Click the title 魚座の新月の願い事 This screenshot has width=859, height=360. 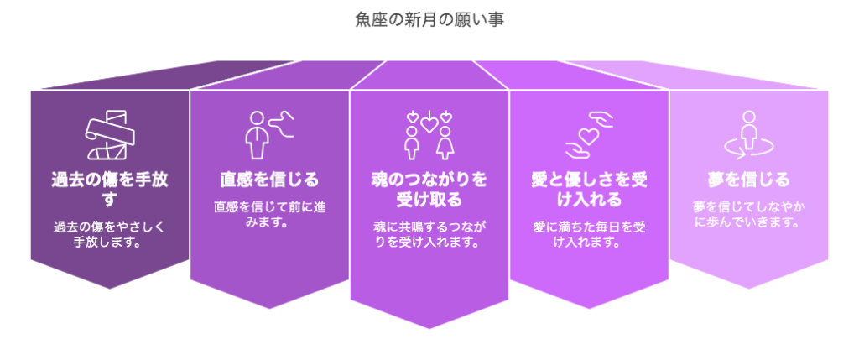coord(429,20)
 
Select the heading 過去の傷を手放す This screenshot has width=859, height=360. coord(110,189)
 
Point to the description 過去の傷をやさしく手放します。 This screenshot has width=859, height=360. coord(110,233)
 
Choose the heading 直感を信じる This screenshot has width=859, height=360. coord(269,180)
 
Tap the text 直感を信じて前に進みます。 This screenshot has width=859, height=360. coord(269,216)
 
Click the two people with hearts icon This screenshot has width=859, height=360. coord(429,135)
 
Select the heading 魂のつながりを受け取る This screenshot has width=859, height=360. coord(429,189)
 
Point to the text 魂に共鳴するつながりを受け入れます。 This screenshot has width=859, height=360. coord(429,233)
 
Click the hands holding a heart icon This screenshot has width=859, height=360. coord(589,135)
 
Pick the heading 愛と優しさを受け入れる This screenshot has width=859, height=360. coord(589,189)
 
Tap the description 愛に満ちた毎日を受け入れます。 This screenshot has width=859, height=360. coord(589,233)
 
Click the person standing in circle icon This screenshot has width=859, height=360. coord(748,135)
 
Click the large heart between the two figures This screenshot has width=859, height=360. coord(429,126)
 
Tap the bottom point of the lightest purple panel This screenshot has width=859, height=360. coord(749,289)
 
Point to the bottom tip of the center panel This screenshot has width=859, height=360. coord(429,329)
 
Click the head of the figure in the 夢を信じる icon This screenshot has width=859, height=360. coord(749,117)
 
